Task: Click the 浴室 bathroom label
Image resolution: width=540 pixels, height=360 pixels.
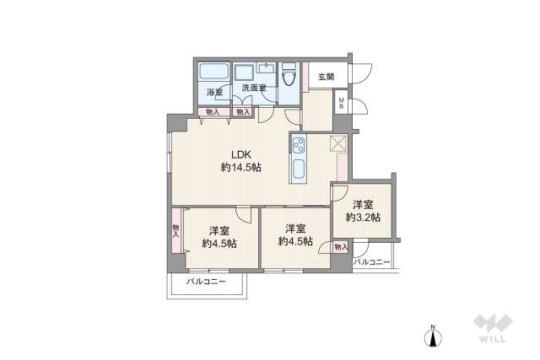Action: tap(214, 92)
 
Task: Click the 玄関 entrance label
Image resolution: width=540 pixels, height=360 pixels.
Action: tap(325, 78)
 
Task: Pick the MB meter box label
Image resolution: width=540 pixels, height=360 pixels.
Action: tap(341, 104)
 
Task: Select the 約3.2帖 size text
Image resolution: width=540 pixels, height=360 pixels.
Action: tap(363, 217)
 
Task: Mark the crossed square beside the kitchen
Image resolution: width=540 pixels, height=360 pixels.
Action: tap(338, 145)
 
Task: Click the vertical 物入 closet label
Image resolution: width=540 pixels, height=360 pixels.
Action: tap(175, 232)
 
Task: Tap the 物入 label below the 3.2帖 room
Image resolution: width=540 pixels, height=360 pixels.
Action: tap(340, 246)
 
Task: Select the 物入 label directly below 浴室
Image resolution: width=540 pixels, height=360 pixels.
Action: tap(212, 111)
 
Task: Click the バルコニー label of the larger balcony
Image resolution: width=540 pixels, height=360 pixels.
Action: tap(205, 282)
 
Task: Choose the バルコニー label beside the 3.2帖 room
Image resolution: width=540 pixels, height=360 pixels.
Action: tap(371, 262)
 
